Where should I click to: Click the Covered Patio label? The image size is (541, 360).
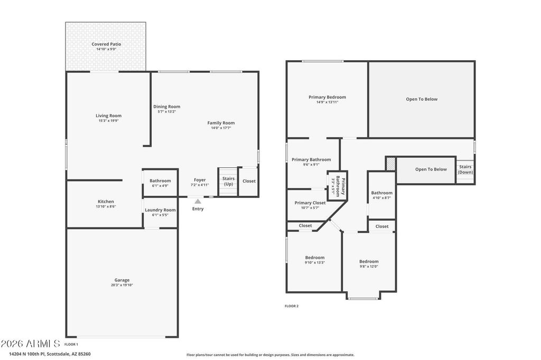106,44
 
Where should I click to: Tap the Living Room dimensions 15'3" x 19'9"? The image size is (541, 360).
108,121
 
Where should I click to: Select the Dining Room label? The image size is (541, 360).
166,107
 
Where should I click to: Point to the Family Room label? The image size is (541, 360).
221,123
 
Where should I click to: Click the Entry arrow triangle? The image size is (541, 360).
198,201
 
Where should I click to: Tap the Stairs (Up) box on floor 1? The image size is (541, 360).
228,182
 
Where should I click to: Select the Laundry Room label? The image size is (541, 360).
160,210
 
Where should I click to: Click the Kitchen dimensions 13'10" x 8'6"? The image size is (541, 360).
106,206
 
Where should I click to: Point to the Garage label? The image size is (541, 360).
122,280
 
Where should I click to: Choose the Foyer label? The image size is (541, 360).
200,180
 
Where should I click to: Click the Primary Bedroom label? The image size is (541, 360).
327,97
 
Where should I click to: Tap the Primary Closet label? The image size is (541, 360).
310,203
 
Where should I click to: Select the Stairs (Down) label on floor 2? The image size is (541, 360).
465,169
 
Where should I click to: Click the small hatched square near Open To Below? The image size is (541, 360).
390,164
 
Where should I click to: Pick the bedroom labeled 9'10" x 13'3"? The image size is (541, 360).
314,260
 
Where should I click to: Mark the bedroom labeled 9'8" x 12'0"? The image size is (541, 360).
369,263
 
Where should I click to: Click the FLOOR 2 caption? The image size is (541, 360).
292,306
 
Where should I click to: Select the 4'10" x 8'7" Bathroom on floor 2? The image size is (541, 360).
381,195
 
